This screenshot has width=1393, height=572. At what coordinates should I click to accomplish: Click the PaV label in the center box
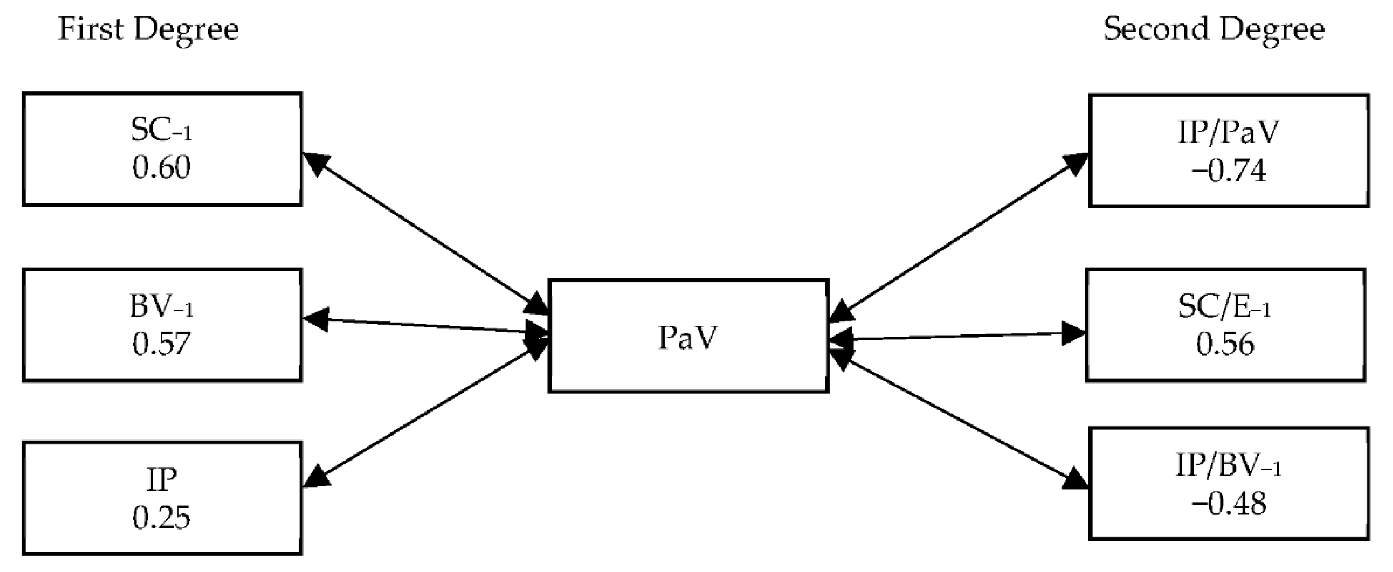[x=687, y=338]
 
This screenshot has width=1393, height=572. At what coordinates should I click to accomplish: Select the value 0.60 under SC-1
[x=161, y=168]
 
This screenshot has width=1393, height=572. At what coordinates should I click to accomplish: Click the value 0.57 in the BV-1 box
[x=161, y=343]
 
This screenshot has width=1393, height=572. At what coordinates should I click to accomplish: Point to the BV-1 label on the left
[x=161, y=307]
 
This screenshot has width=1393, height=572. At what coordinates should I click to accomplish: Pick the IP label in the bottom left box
[x=161, y=480]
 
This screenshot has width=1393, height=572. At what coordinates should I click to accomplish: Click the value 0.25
[x=161, y=518]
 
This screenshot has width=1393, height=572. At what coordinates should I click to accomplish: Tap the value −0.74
[x=1228, y=171]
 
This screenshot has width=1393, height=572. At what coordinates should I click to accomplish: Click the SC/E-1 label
[x=1224, y=307]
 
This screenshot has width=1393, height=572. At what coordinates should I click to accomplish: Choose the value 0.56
[x=1224, y=344]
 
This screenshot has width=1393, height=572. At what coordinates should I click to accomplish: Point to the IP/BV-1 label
[x=1228, y=466]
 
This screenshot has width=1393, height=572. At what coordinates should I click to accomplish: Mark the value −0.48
[x=1228, y=503]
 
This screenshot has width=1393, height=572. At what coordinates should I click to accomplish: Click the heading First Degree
[x=148, y=29]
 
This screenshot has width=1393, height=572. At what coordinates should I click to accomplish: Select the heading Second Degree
[x=1214, y=29]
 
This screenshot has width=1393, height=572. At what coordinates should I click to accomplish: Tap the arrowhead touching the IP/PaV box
[x=1075, y=164]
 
